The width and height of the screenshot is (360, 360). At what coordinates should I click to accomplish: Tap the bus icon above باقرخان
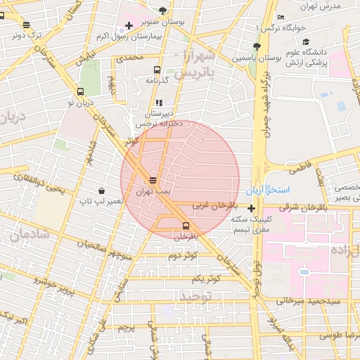(x=186, y=226)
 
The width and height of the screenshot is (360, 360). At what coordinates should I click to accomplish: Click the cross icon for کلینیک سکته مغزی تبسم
(x=251, y=207)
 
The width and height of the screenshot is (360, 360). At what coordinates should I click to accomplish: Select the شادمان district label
(x=30, y=235)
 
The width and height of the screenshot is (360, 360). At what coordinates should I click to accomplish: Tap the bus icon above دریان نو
(x=80, y=91)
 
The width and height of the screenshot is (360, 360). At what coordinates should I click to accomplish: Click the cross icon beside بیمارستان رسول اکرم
(x=127, y=25)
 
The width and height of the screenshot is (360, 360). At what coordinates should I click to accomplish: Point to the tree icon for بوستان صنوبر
(x=163, y=11)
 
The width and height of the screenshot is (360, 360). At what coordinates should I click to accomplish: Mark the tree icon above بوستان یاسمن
(x=256, y=46)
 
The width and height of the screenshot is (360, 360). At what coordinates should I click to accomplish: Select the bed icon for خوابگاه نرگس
(x=281, y=18)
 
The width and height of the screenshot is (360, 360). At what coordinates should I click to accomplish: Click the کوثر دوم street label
(x=181, y=255)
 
